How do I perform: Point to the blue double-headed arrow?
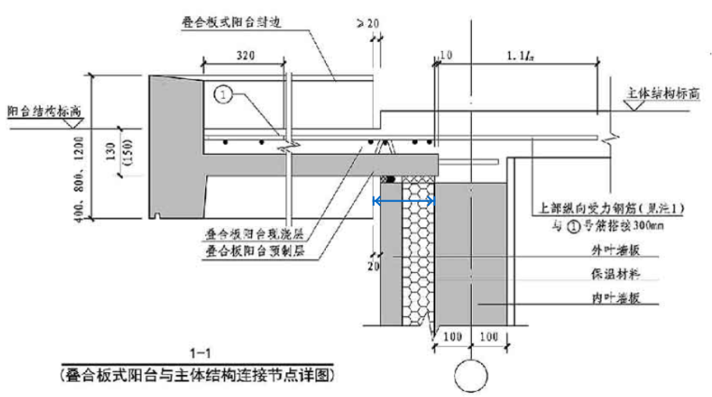click(404, 200)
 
